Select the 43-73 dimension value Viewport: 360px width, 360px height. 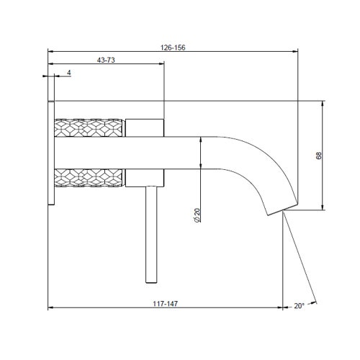point(106,60)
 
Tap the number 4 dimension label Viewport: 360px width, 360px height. point(68,73)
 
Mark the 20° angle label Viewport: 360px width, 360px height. point(299,305)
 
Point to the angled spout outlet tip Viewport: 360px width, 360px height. point(277,209)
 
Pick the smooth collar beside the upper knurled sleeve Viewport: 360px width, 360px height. point(146,128)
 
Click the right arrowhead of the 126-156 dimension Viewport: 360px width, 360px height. point(297,52)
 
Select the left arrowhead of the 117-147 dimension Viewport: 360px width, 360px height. point(51,310)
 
